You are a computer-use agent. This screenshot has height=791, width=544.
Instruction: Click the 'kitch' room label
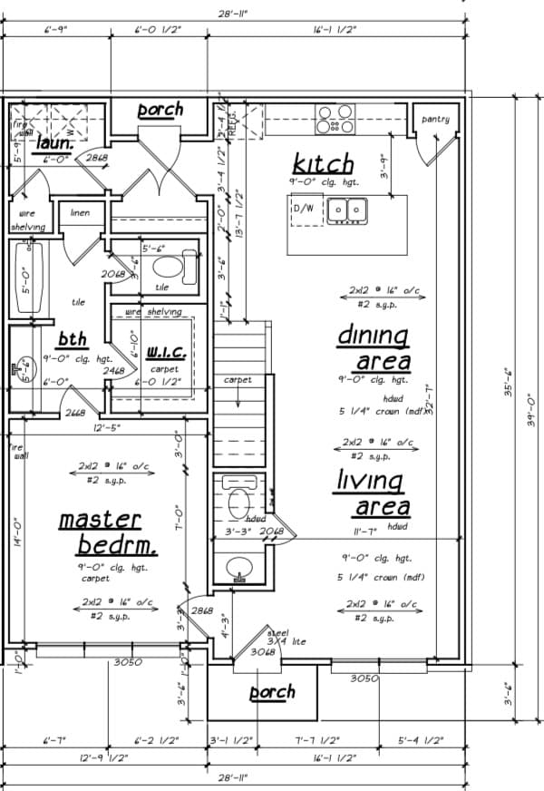323,164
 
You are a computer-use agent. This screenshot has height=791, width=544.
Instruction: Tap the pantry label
435,119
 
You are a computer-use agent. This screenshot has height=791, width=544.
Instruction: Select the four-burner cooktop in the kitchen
335,119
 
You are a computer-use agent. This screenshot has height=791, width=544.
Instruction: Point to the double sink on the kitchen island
346,210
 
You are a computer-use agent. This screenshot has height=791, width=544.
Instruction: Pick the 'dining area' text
374,347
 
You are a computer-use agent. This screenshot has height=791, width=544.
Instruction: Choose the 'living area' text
374,493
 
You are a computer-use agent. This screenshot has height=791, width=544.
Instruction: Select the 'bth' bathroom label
73,339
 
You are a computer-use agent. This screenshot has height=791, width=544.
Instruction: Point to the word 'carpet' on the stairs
238,380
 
